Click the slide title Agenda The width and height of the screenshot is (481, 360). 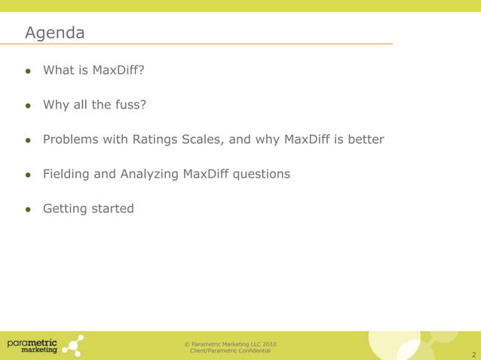(54, 33)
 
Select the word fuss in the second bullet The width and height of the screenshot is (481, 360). (130, 105)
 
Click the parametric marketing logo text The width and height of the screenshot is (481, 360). (32, 344)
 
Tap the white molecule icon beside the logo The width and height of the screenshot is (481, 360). (73, 344)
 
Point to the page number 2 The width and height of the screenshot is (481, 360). (473, 353)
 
